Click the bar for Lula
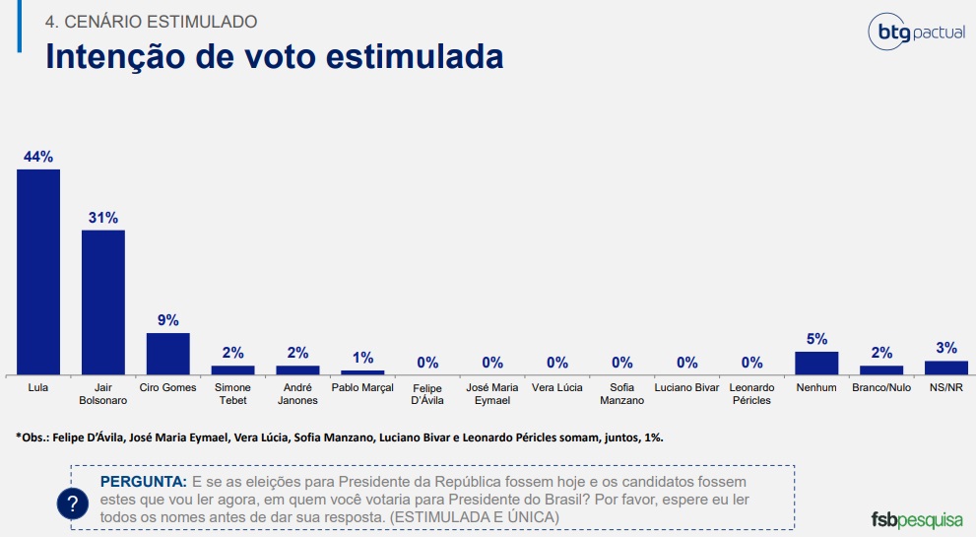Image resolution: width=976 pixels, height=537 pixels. point(38,272)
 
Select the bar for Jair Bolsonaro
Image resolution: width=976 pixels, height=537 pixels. point(103,302)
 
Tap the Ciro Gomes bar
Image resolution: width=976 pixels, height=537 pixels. point(167,353)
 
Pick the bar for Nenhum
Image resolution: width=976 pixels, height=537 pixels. point(816,363)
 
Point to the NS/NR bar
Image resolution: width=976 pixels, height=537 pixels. point(946,368)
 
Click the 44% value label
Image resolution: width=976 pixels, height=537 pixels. point(38,157)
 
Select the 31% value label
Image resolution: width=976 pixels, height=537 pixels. point(103,217)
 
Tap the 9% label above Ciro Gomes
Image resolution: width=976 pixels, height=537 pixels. point(167,320)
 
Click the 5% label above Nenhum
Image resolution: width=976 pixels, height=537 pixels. point(816,339)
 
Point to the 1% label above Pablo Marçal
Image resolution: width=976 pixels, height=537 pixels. point(362,358)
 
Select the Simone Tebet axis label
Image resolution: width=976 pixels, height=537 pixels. point(232,394)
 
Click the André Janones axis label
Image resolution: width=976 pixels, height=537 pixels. point(297,394)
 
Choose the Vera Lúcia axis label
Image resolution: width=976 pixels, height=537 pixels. point(557,388)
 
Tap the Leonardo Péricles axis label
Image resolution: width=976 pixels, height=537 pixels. point(752,394)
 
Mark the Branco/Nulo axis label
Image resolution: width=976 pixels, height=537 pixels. point(881,388)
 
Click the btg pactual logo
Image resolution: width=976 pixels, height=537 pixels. point(915,33)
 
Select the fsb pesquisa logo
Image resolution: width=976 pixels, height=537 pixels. point(916,518)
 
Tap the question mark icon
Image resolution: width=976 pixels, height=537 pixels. point(72,503)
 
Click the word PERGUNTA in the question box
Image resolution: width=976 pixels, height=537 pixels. point(143,482)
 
